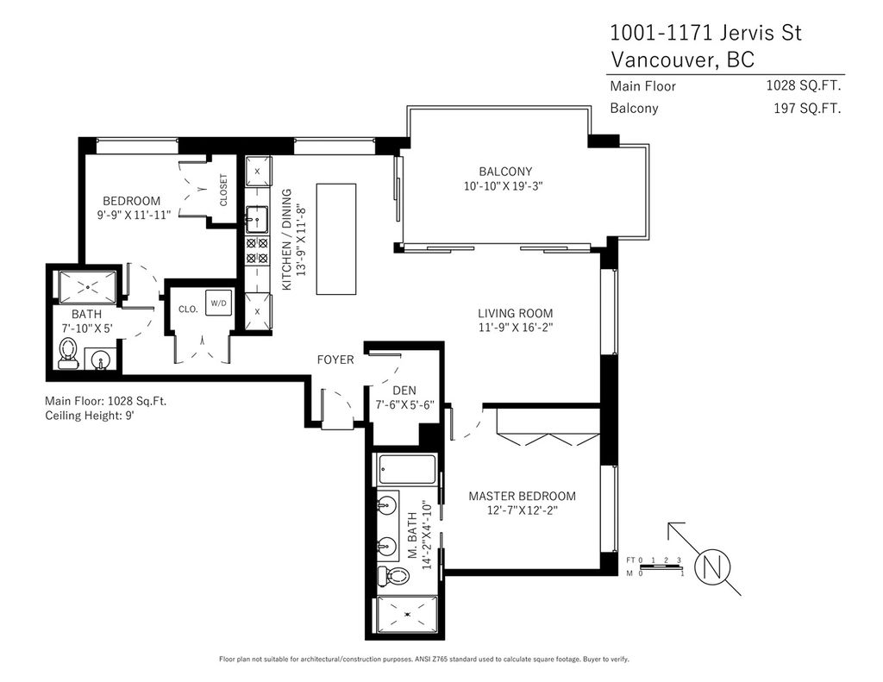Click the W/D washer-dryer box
[x=218, y=303]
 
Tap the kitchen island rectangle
[x=336, y=239]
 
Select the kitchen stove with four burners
[x=257, y=251]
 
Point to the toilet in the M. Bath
[x=392, y=576]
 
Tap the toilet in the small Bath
[x=69, y=354]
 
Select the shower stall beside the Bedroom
[x=87, y=288]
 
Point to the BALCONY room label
[x=505, y=172]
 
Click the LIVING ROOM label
[x=516, y=313]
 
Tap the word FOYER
[x=335, y=360]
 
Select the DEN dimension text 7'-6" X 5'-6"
[x=405, y=404]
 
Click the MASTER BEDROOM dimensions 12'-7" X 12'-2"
[x=522, y=510]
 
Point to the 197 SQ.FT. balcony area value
[x=807, y=108]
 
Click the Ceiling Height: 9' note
[x=90, y=416]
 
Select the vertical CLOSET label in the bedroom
[x=223, y=190]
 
